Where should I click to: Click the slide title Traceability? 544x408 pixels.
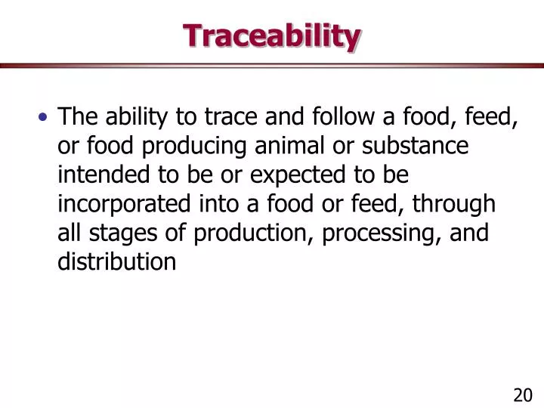pyautogui.click(x=272, y=36)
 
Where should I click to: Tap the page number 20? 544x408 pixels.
pyautogui.click(x=523, y=395)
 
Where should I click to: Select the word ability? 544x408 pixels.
pyautogui.click(x=132, y=117)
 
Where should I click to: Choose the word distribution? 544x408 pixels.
pyautogui.click(x=117, y=261)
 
